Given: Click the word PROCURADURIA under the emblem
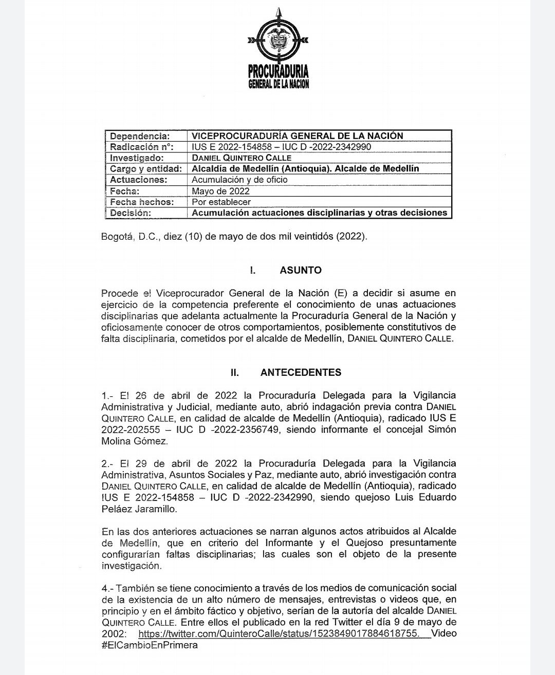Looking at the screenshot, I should tap(278, 72).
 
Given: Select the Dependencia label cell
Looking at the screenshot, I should tap(139, 136).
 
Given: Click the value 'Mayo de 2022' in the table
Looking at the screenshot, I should tap(220, 191).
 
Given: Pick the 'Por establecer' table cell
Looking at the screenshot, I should tap(221, 202).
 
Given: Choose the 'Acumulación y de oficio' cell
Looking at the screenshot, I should tap(239, 180).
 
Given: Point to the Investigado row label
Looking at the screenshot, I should tap(137, 158).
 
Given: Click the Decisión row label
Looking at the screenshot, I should tap(131, 213).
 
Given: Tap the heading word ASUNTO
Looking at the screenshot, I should tap(301, 270).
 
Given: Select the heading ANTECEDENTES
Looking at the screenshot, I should tap(301, 372).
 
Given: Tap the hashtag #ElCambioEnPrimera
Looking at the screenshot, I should tap(150, 645).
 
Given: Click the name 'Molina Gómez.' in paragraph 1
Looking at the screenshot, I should tap(134, 441).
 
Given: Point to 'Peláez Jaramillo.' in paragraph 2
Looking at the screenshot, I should tap(139, 509).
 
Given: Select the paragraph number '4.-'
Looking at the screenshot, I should tap(107, 588).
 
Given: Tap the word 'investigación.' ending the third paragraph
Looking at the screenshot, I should tap(131, 566).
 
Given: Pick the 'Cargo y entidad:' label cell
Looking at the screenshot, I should tap(146, 169).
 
